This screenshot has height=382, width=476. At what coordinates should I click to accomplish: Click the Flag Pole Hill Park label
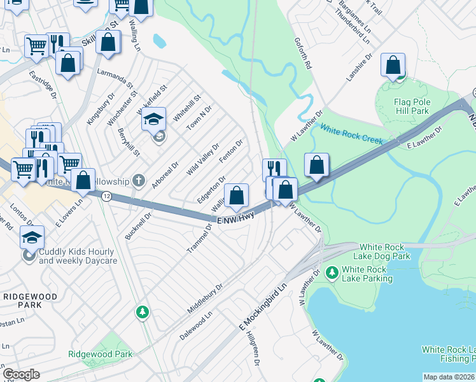(x=412, y=106)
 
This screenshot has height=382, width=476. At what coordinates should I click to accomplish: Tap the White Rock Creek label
(x=352, y=134)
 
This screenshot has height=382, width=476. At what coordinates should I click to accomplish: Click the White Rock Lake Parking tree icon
(x=332, y=272)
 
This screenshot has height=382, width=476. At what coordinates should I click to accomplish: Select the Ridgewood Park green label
(x=100, y=354)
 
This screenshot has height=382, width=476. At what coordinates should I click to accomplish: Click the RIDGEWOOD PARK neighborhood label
(x=30, y=301)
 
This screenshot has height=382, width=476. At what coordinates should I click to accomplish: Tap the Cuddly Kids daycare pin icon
(x=28, y=256)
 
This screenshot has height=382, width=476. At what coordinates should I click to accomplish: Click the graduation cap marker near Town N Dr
(x=153, y=119)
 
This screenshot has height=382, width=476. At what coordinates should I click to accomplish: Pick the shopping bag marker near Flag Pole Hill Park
(x=393, y=65)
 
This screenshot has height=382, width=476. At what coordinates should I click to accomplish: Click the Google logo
(x=21, y=374)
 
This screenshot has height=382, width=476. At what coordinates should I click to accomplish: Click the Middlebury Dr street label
(x=205, y=298)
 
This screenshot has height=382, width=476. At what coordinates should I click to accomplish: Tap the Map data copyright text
(x=449, y=377)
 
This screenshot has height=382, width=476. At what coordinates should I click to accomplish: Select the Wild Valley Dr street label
(x=203, y=159)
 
